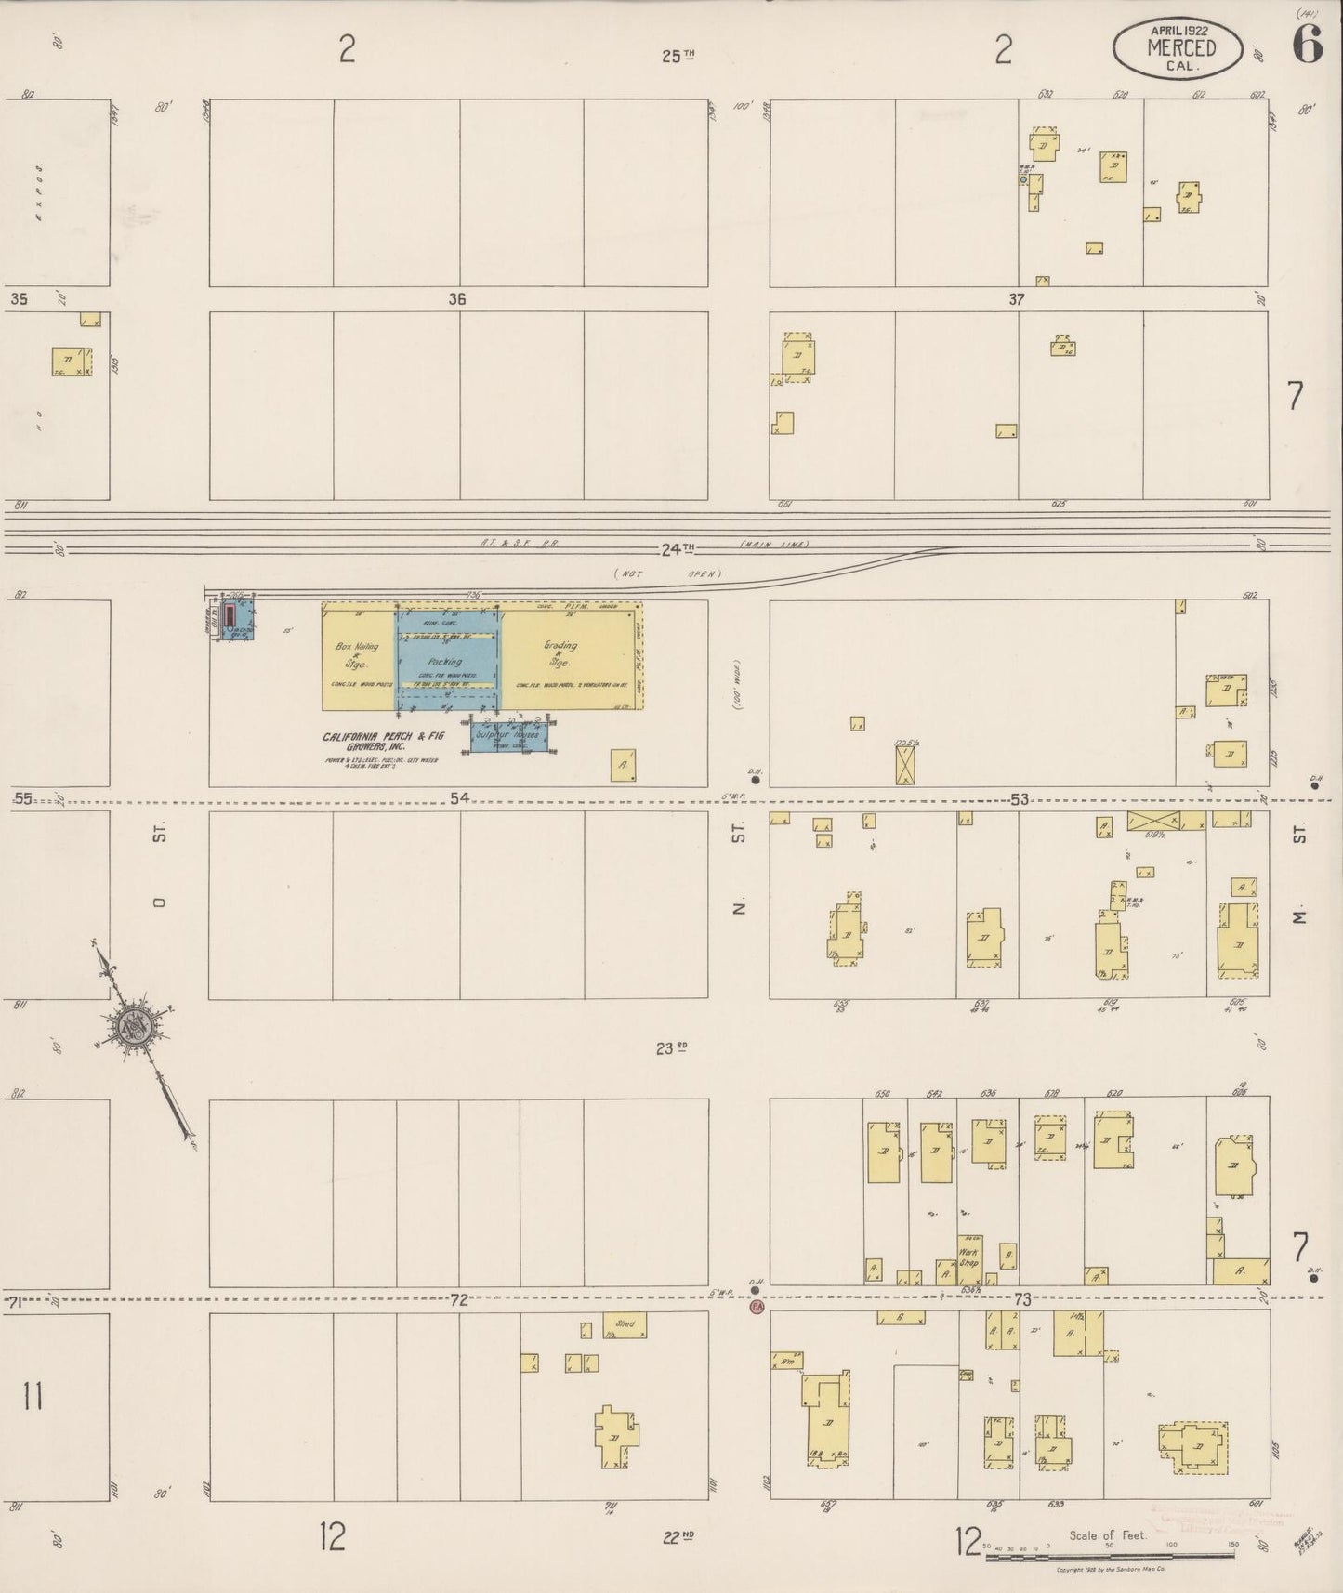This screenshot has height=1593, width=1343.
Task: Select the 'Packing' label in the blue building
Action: (x=445, y=662)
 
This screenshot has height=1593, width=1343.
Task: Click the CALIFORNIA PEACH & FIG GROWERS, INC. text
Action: (x=383, y=741)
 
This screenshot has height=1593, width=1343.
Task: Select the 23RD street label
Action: (x=671, y=1048)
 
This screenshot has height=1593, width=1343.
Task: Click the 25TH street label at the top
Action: (x=678, y=56)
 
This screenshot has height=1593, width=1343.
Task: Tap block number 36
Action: (x=456, y=299)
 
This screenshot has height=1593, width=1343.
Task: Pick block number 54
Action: (x=459, y=797)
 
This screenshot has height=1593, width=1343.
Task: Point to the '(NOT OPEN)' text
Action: (x=666, y=573)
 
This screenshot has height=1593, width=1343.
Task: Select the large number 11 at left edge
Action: (x=33, y=1396)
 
